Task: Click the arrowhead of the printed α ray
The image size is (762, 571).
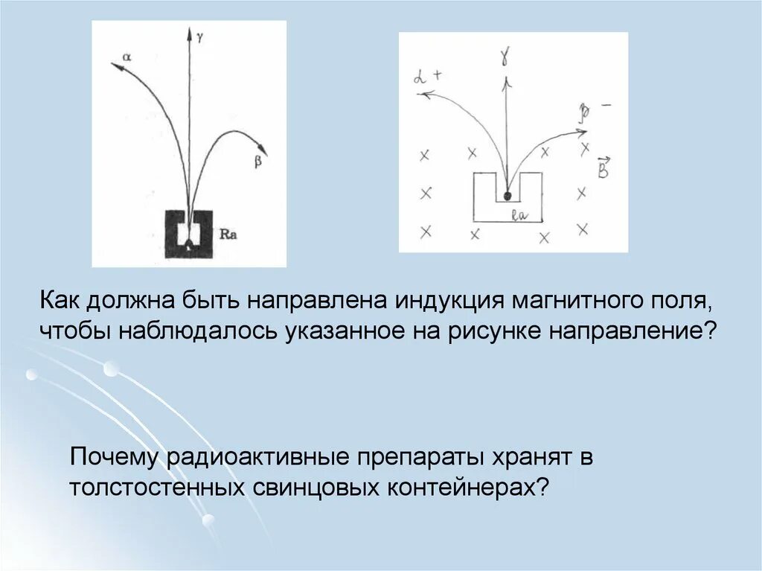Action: tap(116, 66)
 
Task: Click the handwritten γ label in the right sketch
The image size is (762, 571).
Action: tap(505, 56)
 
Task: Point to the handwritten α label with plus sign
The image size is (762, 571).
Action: tap(428, 75)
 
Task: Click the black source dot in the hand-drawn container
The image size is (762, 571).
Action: tap(508, 196)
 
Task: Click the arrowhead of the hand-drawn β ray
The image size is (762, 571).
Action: tap(582, 133)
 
